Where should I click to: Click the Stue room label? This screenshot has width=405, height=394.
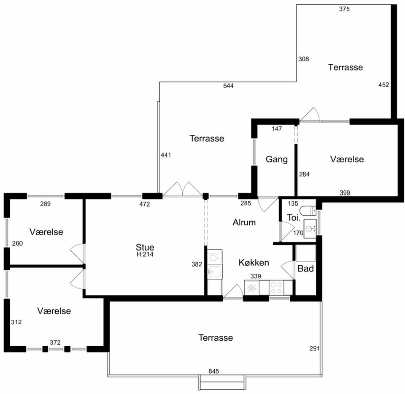point(145,247)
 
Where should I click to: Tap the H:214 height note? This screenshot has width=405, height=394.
point(145,254)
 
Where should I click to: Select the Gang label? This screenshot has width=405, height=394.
point(277,159)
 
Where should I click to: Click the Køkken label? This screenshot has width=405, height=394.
point(254,262)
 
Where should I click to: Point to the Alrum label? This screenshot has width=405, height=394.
point(244,222)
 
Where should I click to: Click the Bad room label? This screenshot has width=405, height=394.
point(305,269)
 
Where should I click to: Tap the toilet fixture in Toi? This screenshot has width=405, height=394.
point(309,210)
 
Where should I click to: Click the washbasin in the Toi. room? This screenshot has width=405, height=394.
point(310,228)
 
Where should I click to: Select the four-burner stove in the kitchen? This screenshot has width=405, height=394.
point(276,288)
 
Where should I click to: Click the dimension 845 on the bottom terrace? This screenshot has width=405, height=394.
point(214,371)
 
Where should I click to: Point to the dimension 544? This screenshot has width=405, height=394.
point(228,86)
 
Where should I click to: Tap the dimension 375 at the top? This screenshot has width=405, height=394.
point(344,9)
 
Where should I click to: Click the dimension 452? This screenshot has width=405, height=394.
point(383,84)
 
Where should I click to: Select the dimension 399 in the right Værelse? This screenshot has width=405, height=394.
point(345,193)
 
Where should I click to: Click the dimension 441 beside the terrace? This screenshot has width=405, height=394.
point(166,155)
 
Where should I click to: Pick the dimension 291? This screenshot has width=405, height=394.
point(315,348)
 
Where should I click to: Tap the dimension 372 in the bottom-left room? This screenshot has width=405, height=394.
point(55,342)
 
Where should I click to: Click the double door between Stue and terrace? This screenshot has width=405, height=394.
point(183,190)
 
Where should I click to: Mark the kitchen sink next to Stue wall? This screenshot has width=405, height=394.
point(215,271)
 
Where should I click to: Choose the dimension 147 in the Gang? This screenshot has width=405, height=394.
point(277,128)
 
